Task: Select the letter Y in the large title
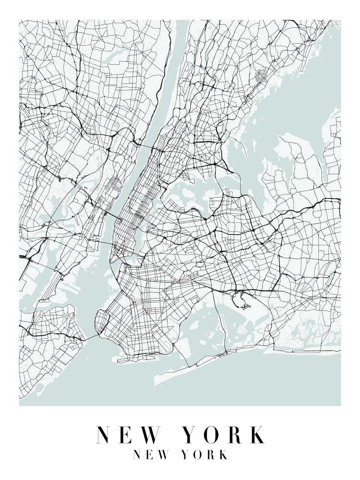tap(192, 435)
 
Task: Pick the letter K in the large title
tap(256, 435)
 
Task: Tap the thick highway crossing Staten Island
tap(53, 334)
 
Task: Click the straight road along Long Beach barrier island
tap(312, 352)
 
